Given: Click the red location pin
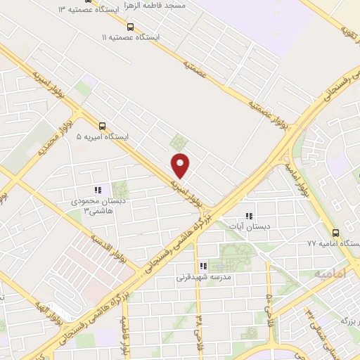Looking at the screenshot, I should click(181, 165).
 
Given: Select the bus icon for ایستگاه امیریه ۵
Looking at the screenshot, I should click(103, 127).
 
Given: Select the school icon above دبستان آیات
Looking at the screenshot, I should click(247, 216).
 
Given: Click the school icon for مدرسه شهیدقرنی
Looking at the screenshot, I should click(202, 266).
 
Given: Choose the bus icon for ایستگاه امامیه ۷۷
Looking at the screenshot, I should click(335, 233).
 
